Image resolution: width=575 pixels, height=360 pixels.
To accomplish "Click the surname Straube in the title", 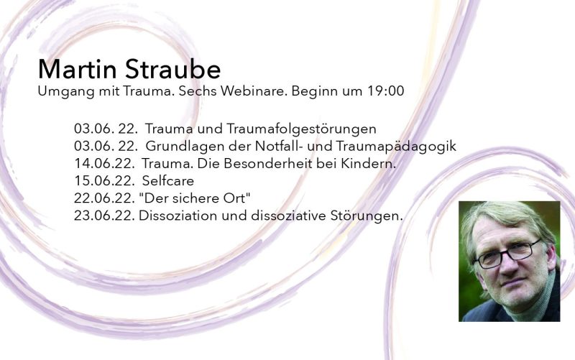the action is click(x=172, y=68).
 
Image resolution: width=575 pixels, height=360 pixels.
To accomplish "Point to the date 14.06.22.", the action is click(x=104, y=164).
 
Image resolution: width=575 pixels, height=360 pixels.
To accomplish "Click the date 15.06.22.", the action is click(x=104, y=181).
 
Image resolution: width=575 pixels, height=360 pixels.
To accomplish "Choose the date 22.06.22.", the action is click(x=104, y=198).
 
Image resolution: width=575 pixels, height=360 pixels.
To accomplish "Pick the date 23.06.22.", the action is click(x=104, y=216).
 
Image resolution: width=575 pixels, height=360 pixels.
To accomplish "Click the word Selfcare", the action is click(x=168, y=181).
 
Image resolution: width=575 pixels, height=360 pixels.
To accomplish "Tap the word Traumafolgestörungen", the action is click(x=301, y=129).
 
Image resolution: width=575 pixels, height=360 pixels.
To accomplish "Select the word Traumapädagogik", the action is click(x=396, y=147).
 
